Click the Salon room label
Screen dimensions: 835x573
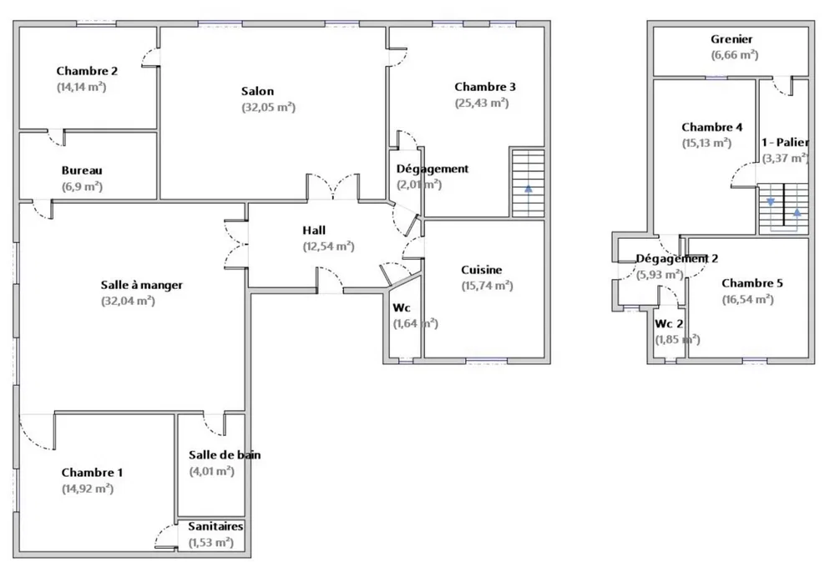pyautogui.click(x=257, y=91)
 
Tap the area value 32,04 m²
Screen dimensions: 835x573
pyautogui.click(x=128, y=301)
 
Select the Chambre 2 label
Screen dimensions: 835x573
pyautogui.click(x=87, y=71)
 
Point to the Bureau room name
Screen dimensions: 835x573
pyautogui.click(x=82, y=170)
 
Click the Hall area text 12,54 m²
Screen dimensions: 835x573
pyautogui.click(x=328, y=246)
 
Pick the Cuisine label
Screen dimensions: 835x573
pyautogui.click(x=482, y=270)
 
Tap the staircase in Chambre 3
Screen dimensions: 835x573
pyautogui.click(x=529, y=183)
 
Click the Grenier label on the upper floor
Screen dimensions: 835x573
pyautogui.click(x=731, y=39)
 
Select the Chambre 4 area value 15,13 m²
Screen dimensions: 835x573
pyautogui.click(x=706, y=144)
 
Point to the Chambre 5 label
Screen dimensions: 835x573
pyautogui.click(x=752, y=283)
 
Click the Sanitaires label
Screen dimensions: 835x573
pyautogui.click(x=215, y=526)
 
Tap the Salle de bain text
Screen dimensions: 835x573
pyautogui.click(x=225, y=454)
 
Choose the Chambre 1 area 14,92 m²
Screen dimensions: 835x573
pyautogui.click(x=88, y=489)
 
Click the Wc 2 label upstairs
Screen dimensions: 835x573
pyautogui.click(x=669, y=324)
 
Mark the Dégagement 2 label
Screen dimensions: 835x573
pyautogui.click(x=677, y=259)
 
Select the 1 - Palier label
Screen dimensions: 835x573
pyautogui.click(x=785, y=142)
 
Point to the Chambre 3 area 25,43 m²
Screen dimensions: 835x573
pyautogui.click(x=482, y=104)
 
